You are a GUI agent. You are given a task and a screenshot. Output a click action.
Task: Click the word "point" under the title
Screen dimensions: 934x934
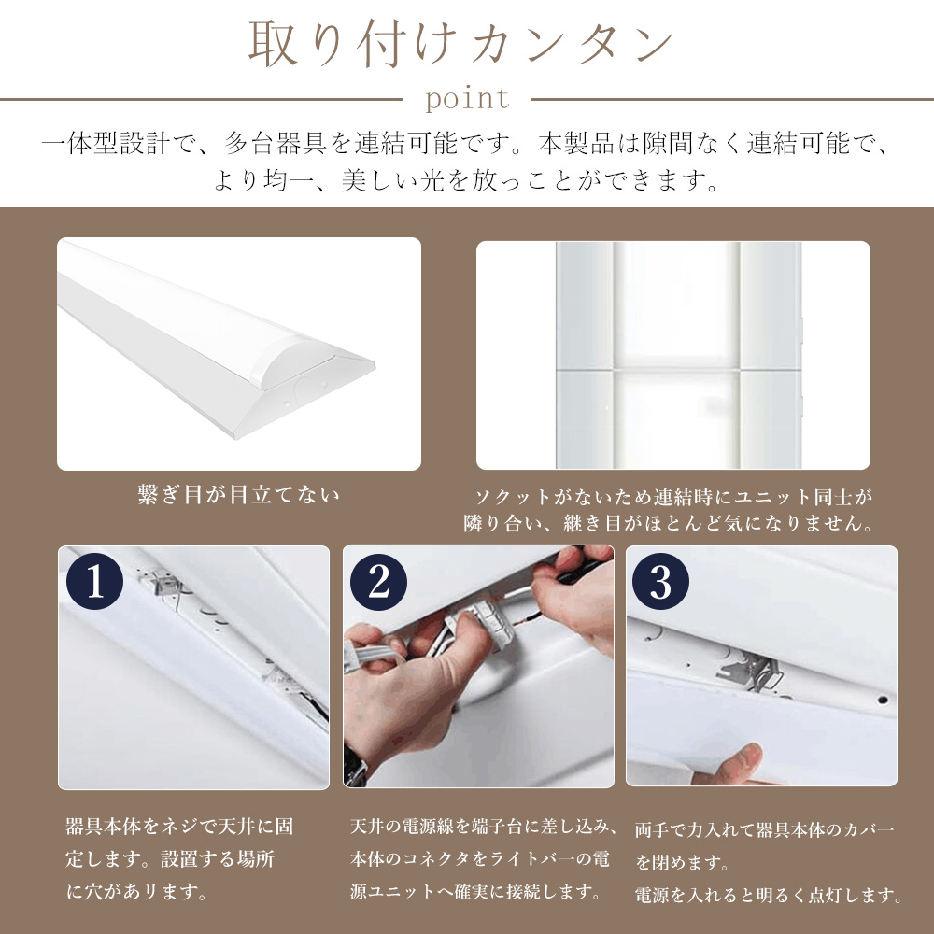(x=468, y=98)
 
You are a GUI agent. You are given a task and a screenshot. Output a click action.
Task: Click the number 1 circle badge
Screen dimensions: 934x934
(x=94, y=581)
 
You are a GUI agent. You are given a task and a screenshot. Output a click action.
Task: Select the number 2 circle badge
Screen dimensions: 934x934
(x=378, y=581)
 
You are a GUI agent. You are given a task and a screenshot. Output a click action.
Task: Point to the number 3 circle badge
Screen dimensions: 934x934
(x=660, y=581)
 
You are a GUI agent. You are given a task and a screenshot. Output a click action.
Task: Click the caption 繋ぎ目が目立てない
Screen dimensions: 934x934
(x=238, y=494)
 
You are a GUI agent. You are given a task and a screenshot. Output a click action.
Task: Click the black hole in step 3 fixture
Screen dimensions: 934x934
(x=883, y=700)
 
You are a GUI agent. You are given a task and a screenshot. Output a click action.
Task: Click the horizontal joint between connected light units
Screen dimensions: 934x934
(x=678, y=370)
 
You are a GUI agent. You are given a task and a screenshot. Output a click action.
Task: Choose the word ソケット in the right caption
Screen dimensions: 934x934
(x=513, y=497)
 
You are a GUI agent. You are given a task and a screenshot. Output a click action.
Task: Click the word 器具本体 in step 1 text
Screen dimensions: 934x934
(x=104, y=827)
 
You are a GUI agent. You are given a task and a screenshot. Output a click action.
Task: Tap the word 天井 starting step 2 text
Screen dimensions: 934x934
(x=369, y=827)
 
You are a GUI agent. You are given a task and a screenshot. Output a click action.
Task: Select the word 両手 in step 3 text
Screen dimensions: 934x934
(x=653, y=829)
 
